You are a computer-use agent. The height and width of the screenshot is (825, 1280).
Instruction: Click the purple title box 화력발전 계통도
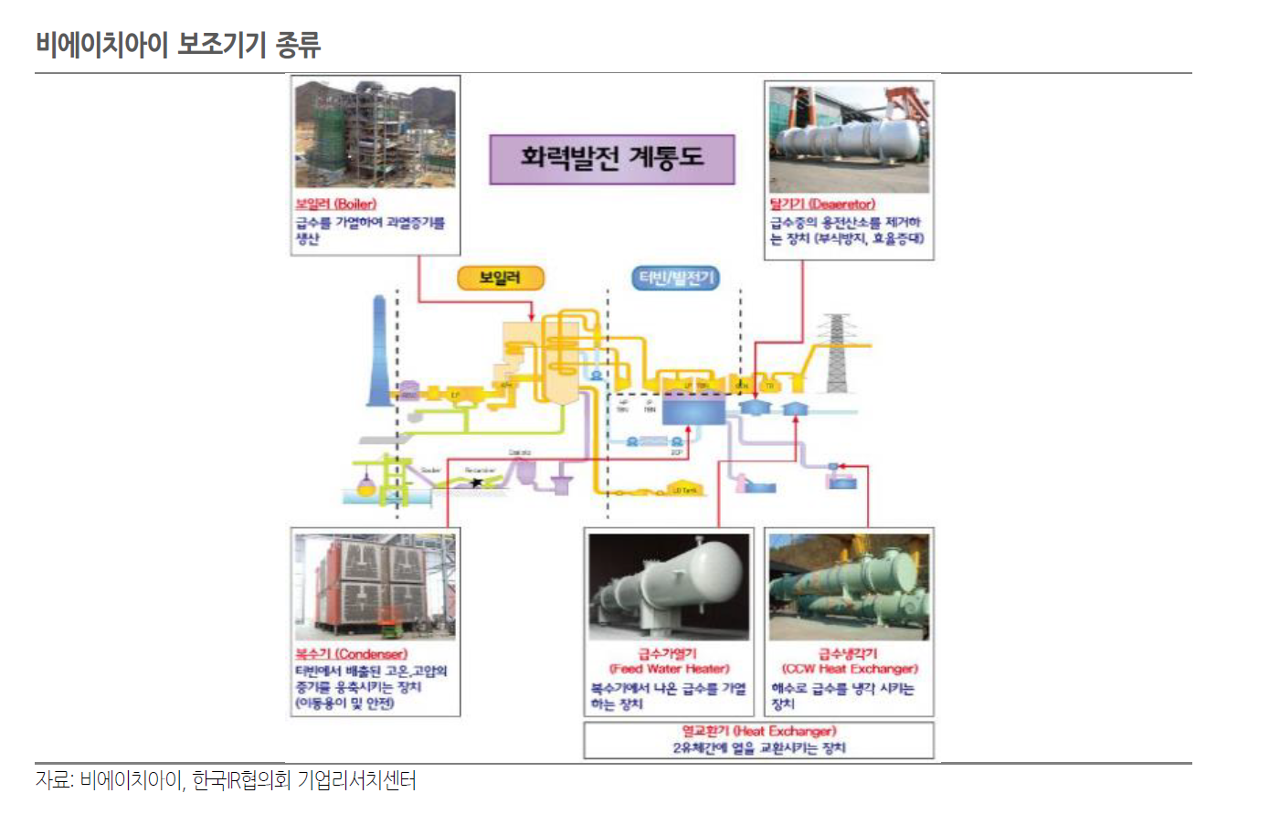tap(611, 159)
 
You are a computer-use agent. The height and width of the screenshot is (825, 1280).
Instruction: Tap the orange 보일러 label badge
tap(499, 278)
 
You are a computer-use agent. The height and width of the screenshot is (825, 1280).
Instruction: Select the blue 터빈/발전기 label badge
tap(675, 278)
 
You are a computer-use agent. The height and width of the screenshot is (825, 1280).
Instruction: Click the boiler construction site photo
tap(375, 133)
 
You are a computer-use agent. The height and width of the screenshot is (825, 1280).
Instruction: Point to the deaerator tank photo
tap(849, 137)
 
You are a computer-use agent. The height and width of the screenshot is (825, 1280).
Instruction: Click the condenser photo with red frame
tap(375, 587)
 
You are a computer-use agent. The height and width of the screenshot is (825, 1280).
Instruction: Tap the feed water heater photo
tap(669, 587)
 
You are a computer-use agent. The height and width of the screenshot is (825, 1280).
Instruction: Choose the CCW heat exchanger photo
tap(849, 587)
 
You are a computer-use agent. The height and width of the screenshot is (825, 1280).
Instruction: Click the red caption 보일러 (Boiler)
tap(335, 204)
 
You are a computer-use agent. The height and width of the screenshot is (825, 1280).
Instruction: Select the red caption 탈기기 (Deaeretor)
tap(822, 204)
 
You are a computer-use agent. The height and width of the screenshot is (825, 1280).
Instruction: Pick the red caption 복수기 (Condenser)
tap(351, 654)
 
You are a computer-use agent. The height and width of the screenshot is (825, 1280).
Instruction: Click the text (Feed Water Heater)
tap(669, 669)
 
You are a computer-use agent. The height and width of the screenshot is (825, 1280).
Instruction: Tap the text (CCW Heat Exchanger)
tap(850, 669)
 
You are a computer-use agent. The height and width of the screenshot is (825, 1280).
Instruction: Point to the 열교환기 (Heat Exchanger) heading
tap(758, 731)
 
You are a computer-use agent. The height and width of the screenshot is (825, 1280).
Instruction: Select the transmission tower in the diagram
tap(836, 353)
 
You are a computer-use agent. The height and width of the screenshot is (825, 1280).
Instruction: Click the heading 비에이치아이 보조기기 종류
tap(178, 44)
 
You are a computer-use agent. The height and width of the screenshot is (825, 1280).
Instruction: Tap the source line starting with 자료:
tap(226, 780)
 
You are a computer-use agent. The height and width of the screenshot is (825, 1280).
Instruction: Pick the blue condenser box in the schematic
tap(693, 408)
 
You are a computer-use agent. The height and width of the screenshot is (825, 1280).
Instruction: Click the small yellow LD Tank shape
tap(685, 488)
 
